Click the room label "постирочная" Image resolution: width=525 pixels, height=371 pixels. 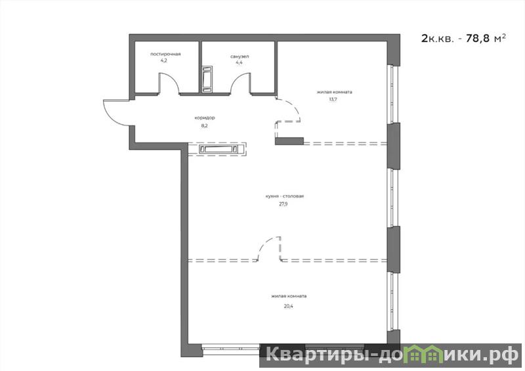point(165,54)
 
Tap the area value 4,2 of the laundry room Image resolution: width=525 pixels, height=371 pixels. point(163,60)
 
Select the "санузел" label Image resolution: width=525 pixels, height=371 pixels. point(240,56)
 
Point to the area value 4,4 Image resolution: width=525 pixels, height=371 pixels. point(239,62)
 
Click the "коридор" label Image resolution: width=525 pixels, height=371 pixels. point(205,118)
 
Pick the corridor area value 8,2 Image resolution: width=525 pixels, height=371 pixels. point(205,125)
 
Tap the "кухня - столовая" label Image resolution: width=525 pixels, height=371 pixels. point(285,196)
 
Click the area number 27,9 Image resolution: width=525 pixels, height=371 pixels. point(283,204)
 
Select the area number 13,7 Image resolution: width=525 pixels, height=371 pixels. point(333,100)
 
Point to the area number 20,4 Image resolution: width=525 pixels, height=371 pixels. point(288,306)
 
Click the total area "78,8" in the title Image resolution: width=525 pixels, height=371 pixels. point(477,38)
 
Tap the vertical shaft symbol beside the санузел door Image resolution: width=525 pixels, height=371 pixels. point(207,79)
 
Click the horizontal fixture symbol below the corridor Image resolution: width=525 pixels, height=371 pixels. point(218,149)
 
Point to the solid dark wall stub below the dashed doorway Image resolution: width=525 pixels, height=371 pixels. point(289,141)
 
